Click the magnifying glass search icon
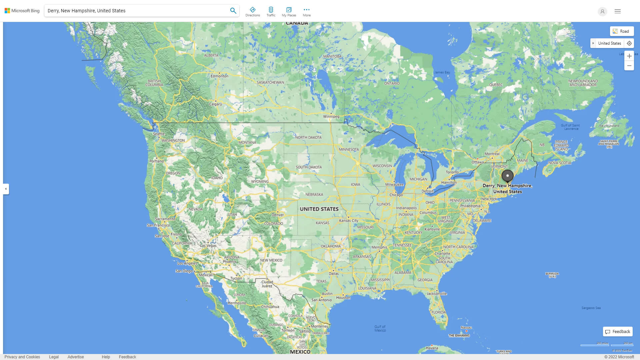tap(233, 11)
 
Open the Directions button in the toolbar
tap(253, 12)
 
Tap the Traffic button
tap(271, 12)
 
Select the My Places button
tap(289, 12)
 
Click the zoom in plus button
tap(629, 56)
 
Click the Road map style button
tap(622, 31)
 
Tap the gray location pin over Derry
tap(507, 176)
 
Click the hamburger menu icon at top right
tap(618, 11)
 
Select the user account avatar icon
tap(602, 11)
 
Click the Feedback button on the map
tap(618, 332)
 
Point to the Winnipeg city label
tap(331, 117)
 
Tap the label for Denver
tap(278, 215)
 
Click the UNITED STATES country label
tap(319, 209)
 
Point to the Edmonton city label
tap(219, 76)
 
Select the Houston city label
tap(343, 298)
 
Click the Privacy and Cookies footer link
tap(22, 357)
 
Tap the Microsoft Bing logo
tap(22, 11)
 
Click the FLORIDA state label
tap(438, 312)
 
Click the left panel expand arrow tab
tap(6, 189)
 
